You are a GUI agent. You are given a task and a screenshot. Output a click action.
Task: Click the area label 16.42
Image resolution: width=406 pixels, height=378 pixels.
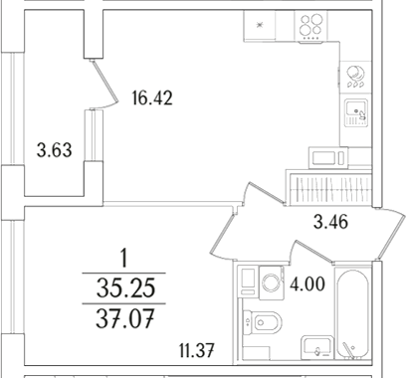click(x=151, y=97)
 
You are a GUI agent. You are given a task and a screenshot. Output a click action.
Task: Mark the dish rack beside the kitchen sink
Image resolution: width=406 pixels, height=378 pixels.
click(x=355, y=74)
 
